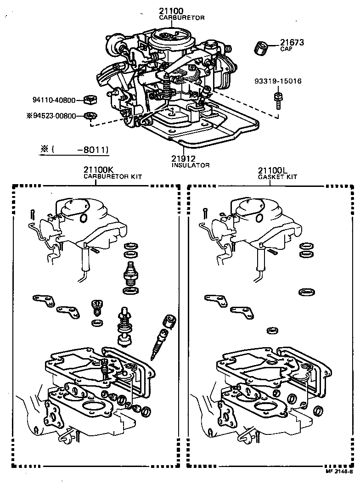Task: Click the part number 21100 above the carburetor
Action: pyautogui.click(x=171, y=11)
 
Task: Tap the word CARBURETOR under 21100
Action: pyautogui.click(x=181, y=17)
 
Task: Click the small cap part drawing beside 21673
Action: pyautogui.click(x=262, y=47)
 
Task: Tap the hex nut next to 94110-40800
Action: pyautogui.click(x=90, y=99)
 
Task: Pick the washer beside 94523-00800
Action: pyautogui.click(x=90, y=115)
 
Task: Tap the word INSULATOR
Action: pyautogui.click(x=191, y=165)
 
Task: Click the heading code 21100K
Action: pyautogui.click(x=98, y=170)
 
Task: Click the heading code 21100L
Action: pyautogui.click(x=272, y=170)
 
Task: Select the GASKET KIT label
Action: pyautogui.click(x=277, y=176)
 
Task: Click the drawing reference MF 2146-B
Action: pyautogui.click(x=339, y=471)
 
